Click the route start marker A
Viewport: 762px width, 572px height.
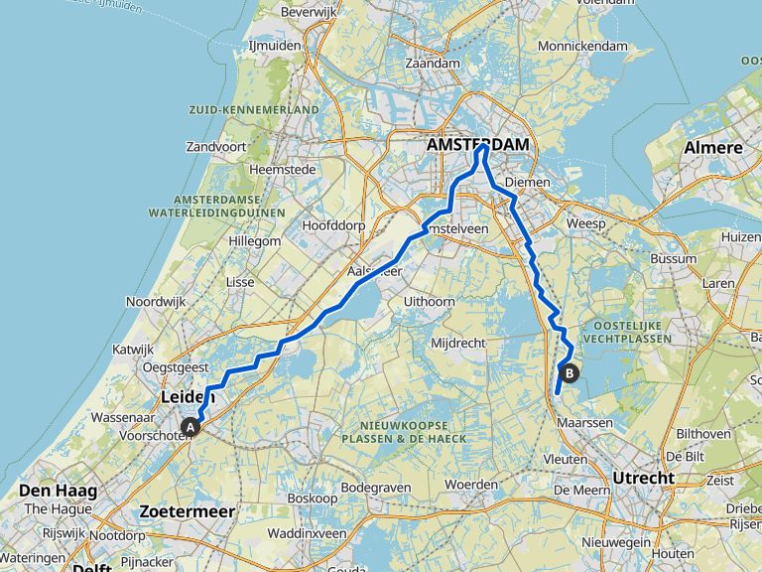tap(190, 427)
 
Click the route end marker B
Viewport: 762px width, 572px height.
tap(571, 373)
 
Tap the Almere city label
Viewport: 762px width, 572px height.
tap(712, 148)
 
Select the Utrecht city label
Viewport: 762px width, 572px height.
tap(642, 478)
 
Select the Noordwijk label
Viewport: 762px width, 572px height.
tap(156, 301)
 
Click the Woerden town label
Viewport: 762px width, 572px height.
tap(471, 484)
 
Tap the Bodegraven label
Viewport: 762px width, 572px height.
tap(370, 488)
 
